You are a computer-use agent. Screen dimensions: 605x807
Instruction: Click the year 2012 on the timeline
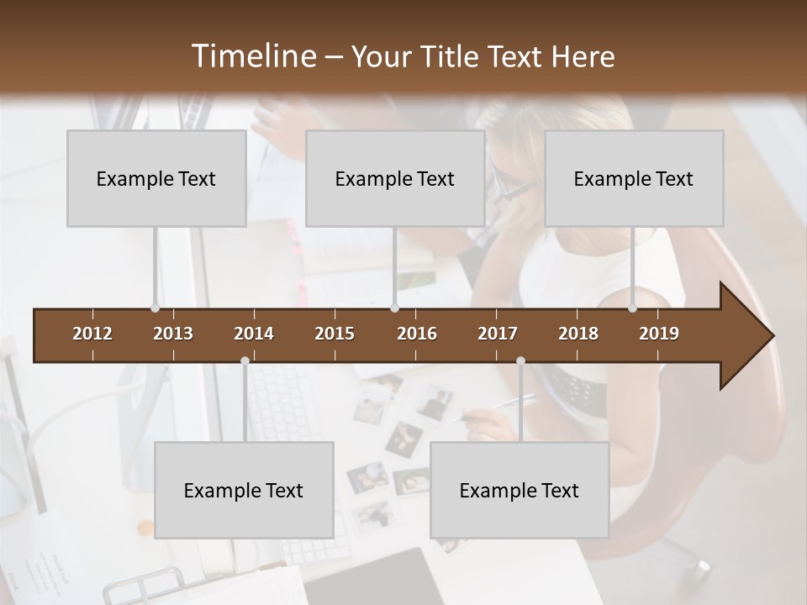coord(92,334)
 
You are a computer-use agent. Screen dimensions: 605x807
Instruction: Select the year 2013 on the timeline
coord(173,334)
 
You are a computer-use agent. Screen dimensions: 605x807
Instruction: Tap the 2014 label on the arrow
coord(254,334)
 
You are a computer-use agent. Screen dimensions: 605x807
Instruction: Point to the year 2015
coord(335,334)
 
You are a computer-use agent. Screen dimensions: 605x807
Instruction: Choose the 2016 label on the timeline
coord(417,334)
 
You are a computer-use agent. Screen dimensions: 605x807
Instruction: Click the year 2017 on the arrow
coord(498,334)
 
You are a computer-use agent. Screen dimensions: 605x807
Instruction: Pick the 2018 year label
coord(578,334)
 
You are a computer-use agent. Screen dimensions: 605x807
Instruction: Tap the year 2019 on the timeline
coord(659,334)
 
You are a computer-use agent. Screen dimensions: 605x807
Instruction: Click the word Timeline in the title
coord(253,56)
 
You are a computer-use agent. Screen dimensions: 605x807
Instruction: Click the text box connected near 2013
coord(156,178)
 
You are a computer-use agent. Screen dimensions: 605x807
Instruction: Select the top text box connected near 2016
coord(395,178)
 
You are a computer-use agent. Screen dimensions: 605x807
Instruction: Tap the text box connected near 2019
coord(634,178)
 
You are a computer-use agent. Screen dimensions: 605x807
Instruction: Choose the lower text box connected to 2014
coord(244,490)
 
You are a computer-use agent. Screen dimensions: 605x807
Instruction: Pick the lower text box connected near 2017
coord(520,490)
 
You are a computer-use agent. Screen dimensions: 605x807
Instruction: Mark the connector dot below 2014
coord(245,360)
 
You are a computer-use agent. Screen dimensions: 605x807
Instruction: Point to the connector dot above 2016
coord(394,308)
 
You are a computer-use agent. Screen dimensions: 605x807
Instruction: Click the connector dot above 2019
coord(632,308)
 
